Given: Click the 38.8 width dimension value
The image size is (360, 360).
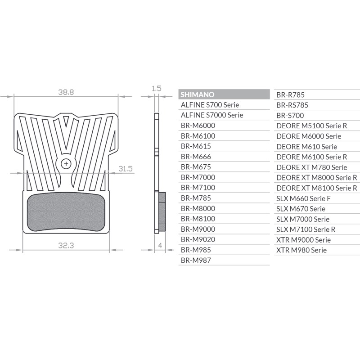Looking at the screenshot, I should [66, 92].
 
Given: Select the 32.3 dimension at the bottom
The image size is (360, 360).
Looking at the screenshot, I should [66, 245].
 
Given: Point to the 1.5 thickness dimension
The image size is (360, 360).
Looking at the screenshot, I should [156, 89].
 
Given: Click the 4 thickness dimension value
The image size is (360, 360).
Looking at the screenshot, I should [160, 245].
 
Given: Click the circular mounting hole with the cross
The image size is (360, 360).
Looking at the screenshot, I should [66, 164].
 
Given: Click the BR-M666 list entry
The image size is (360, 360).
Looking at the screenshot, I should [196, 157].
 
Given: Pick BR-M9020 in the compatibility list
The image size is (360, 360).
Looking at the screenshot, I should [198, 239].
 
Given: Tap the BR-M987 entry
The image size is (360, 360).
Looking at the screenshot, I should [196, 260].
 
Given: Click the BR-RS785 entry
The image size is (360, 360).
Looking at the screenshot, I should [292, 105].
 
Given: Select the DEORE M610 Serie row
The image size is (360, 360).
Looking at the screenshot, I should [306, 146].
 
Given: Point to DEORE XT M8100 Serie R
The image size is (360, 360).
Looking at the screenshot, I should [317, 188].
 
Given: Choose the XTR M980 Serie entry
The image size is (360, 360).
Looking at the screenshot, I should [301, 250].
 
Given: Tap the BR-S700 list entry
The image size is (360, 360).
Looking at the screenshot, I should [290, 115].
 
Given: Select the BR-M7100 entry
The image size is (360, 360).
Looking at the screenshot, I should [198, 188].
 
